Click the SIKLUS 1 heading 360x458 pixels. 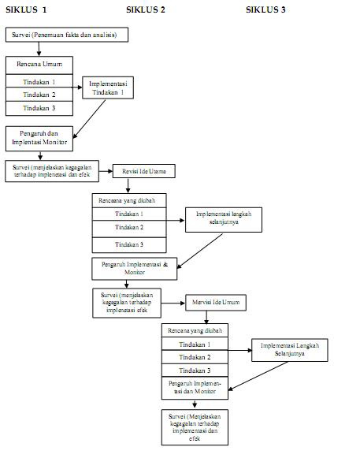point(26,9)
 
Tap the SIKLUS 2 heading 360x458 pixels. point(146,9)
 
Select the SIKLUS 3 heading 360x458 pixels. point(265,9)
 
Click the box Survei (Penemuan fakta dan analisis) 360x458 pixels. point(67,35)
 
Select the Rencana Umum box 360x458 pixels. point(39,64)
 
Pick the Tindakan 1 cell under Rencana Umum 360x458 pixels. point(39,81)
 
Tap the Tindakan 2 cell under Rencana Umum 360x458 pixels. point(39,95)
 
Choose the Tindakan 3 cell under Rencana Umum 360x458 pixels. point(39,109)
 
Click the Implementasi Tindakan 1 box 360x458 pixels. point(109,87)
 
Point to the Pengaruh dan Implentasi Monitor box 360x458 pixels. point(39,138)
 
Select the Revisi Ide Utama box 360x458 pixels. point(143,171)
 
